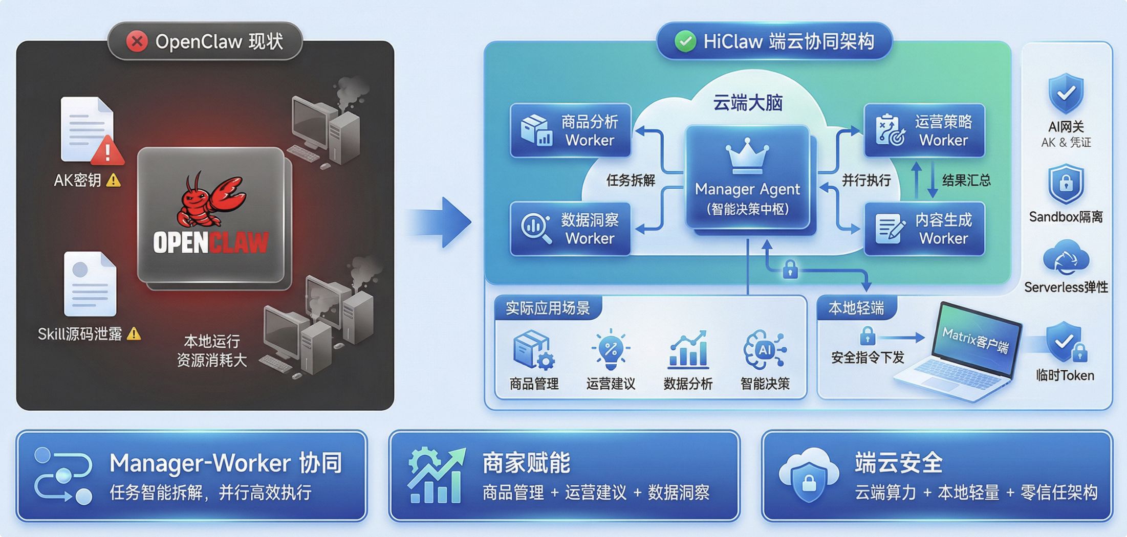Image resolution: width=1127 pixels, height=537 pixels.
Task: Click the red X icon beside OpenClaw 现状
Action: (137, 41)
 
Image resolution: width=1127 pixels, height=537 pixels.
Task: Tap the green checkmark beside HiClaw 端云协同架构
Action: (685, 41)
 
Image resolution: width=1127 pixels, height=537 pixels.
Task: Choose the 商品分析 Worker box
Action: (570, 130)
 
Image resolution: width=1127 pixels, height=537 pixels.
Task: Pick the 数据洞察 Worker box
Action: (570, 229)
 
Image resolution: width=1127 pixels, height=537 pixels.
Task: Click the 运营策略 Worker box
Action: (924, 130)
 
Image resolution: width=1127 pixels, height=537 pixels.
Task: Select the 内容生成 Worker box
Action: (924, 229)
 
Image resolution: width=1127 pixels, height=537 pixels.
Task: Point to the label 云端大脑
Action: (748, 103)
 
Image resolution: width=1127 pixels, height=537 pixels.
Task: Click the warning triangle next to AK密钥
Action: (113, 180)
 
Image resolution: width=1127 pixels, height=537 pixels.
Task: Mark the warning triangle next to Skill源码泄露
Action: (134, 334)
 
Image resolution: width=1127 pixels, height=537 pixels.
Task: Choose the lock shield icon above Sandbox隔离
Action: (1066, 184)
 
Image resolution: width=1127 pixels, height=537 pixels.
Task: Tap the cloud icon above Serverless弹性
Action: (1066, 259)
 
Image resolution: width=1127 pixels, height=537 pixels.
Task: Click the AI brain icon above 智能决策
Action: (765, 350)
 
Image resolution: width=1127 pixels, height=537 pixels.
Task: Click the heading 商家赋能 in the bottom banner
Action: (526, 463)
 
